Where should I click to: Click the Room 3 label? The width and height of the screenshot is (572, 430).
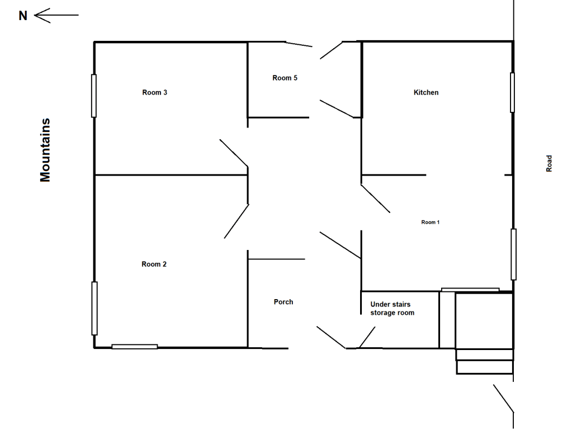click(155, 93)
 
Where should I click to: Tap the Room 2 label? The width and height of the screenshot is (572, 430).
click(154, 264)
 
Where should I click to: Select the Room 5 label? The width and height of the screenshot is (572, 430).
click(285, 78)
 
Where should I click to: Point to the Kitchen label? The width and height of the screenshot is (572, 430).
click(426, 93)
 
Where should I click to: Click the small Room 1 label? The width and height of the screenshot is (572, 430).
click(431, 222)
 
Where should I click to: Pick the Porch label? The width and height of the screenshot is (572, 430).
click(283, 302)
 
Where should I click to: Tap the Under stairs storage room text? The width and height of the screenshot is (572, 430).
click(392, 309)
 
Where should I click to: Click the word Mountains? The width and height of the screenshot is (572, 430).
click(45, 150)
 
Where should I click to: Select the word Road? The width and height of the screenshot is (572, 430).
click(549, 163)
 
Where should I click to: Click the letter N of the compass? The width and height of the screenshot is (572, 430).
click(23, 16)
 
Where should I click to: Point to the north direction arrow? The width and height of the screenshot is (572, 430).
click(56, 15)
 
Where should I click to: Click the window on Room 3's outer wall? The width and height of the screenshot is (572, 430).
click(94, 96)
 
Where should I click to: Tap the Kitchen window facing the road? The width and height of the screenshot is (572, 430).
click(512, 93)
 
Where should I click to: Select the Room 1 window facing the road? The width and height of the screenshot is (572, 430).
click(514, 254)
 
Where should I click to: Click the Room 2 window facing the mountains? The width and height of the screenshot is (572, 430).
click(94, 308)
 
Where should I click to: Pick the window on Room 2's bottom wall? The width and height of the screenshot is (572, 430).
click(135, 347)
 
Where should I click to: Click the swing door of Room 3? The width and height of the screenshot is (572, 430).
click(234, 153)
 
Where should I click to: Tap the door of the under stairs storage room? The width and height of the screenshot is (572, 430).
click(367, 337)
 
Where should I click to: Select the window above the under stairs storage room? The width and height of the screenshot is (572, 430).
click(470, 290)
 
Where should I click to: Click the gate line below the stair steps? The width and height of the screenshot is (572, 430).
click(503, 398)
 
